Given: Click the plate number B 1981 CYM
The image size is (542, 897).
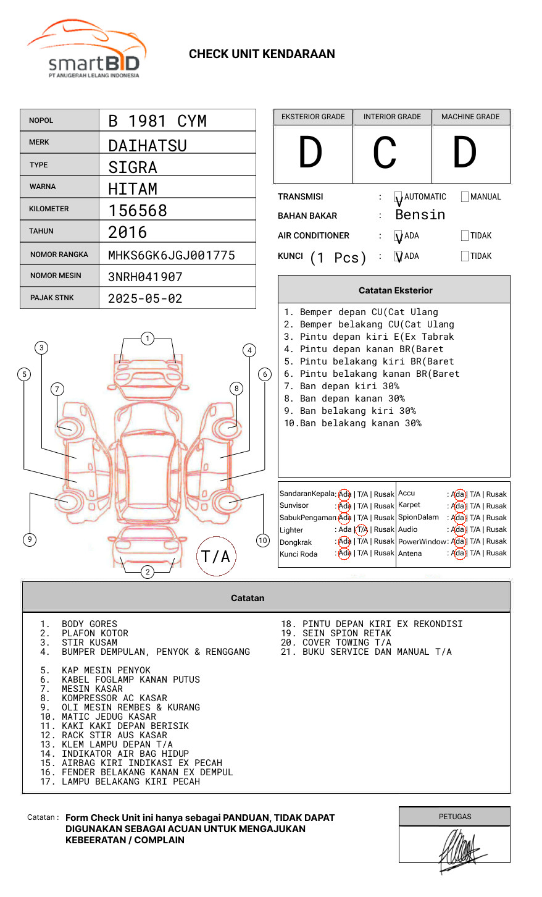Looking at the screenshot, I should [x=157, y=121].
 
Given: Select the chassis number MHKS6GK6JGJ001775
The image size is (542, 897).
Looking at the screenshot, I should [x=171, y=255].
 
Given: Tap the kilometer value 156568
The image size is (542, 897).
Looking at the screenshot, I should [x=138, y=211].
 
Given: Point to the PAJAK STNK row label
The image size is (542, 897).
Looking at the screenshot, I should [x=52, y=298].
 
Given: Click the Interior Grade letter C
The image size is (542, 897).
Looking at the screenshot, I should [x=385, y=153].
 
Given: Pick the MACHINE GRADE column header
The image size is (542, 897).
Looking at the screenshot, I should [x=470, y=117].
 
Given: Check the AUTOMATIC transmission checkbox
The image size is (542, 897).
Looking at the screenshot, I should [x=399, y=198].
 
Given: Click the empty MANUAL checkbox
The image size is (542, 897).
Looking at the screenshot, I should [x=465, y=197].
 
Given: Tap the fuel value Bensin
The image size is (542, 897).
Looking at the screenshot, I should [x=420, y=215].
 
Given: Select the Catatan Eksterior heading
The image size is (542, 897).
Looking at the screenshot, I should [x=395, y=290].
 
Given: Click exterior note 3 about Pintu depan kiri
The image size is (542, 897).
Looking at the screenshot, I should [x=369, y=337].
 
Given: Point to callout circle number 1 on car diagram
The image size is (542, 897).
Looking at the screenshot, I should [x=147, y=339].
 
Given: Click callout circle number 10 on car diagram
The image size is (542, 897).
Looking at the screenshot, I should [x=263, y=541].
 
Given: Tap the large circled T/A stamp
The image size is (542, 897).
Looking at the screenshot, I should [x=216, y=556].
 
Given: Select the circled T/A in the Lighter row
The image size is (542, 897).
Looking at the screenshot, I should [x=362, y=529].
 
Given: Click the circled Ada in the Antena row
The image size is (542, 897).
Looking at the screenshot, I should [x=458, y=554].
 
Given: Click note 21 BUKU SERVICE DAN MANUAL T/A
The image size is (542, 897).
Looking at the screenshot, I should [x=367, y=652].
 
